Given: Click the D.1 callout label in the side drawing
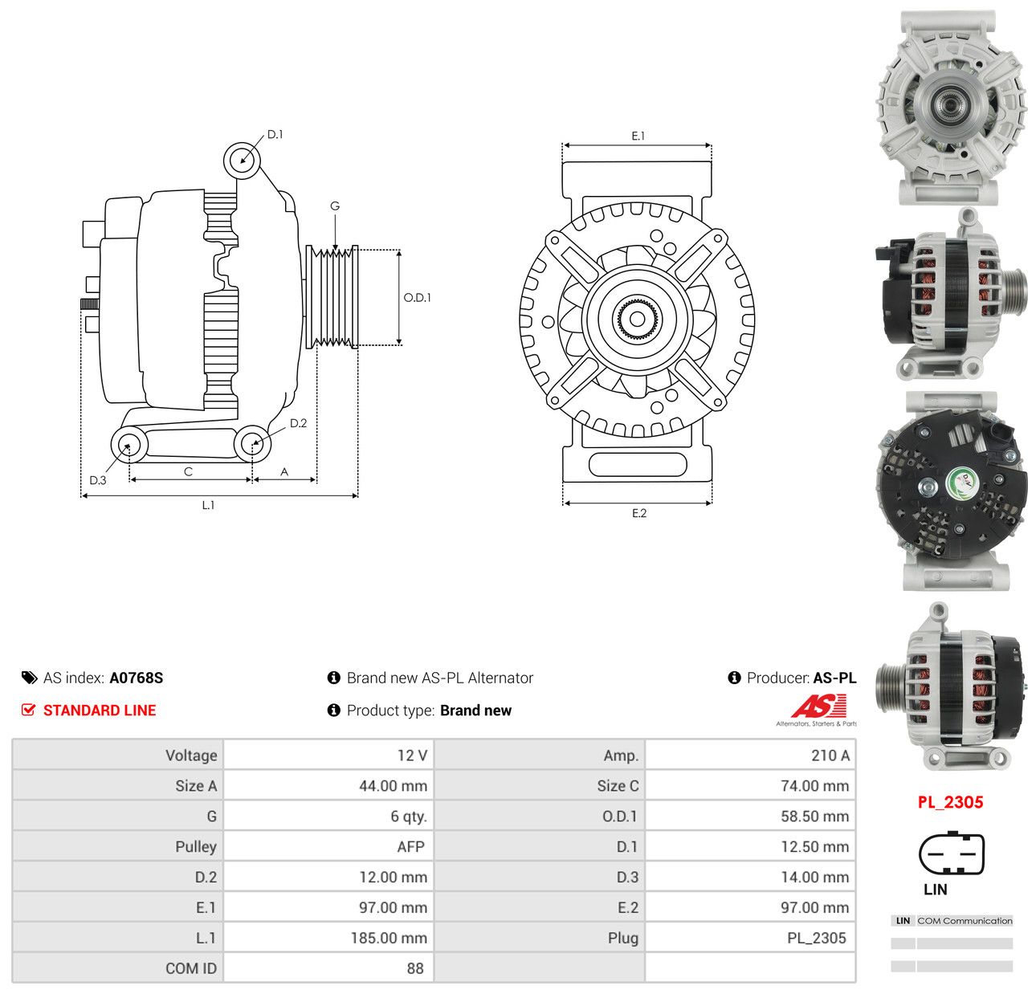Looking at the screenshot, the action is pyautogui.click(x=275, y=135).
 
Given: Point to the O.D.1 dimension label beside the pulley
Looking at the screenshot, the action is pyautogui.click(x=417, y=297).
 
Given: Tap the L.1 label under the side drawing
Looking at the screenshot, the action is pyautogui.click(x=208, y=505).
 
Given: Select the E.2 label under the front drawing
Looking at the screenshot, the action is pyautogui.click(x=638, y=513).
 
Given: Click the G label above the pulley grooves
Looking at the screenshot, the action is pyautogui.click(x=335, y=206).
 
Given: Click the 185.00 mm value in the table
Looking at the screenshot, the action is pyautogui.click(x=389, y=938).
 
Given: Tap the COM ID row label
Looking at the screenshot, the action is pyautogui.click(x=191, y=968).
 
